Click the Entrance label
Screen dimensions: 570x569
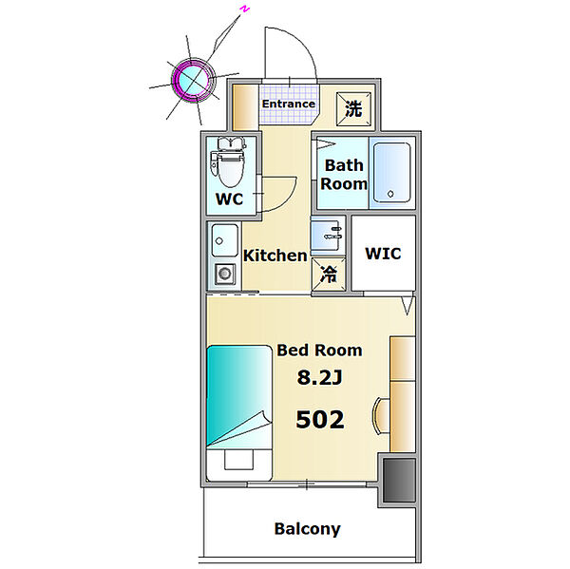pyautogui.click(x=289, y=104)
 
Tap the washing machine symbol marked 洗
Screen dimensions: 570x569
pyautogui.click(x=353, y=109)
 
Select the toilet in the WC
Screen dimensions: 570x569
pyautogui.click(x=228, y=161)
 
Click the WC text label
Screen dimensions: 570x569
pyautogui.click(x=229, y=199)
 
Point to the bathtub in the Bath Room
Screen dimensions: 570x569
pyautogui.click(x=391, y=172)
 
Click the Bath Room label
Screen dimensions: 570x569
pyautogui.click(x=344, y=175)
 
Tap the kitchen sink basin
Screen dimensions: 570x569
pyautogui.click(x=224, y=240)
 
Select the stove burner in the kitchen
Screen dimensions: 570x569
pyautogui.click(x=224, y=274)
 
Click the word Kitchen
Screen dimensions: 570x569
pyautogui.click(x=275, y=256)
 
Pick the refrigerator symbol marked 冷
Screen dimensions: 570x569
pyautogui.click(x=329, y=275)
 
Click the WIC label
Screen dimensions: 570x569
pyautogui.click(x=383, y=254)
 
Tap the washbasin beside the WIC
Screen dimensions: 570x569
pyautogui.click(x=327, y=234)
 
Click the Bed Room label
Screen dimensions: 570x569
pyautogui.click(x=319, y=351)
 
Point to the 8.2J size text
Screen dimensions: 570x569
pyautogui.click(x=320, y=377)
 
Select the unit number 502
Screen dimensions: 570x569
pyautogui.click(x=320, y=419)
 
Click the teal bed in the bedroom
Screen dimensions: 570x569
pyautogui.click(x=239, y=412)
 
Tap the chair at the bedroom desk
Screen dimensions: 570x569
pyautogui.click(x=381, y=416)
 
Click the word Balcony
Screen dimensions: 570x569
pyautogui.click(x=308, y=529)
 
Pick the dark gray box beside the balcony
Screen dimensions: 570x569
pyautogui.click(x=399, y=480)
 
